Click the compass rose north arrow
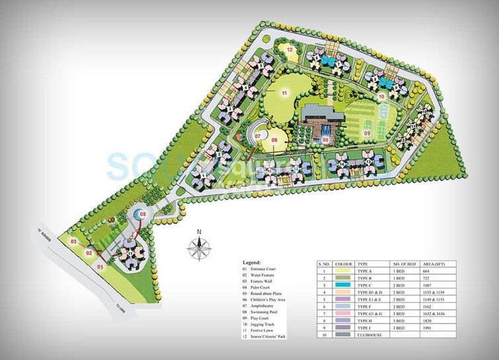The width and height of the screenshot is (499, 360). (x=199, y=245)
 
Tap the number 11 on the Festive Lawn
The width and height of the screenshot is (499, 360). (x=284, y=93)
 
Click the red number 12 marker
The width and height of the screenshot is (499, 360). (x=289, y=49)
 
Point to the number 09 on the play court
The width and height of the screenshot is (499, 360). (x=367, y=133)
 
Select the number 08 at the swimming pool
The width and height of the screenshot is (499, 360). (x=325, y=139)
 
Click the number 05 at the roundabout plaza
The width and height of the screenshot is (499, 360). (x=142, y=214)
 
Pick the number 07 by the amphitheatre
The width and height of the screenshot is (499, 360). (x=258, y=136)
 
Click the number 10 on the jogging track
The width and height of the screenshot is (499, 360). (x=381, y=96)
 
